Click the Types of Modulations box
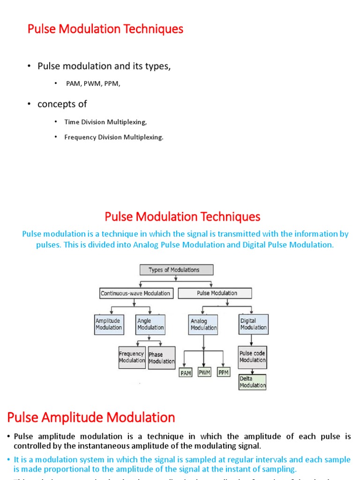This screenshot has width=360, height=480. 176,270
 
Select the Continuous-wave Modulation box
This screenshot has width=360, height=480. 136,293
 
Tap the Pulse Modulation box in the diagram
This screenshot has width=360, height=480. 217,293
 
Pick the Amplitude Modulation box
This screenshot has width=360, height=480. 108,324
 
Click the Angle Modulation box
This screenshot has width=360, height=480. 150,324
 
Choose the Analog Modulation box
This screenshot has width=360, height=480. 203,325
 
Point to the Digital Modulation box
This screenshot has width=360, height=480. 253,324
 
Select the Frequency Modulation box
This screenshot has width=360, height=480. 132,357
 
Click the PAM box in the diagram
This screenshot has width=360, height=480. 186,373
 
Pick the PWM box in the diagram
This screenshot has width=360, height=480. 205,373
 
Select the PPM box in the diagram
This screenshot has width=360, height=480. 224,373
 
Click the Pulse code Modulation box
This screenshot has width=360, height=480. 253,357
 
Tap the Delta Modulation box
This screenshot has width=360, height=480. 252,382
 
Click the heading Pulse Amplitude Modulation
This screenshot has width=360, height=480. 91,417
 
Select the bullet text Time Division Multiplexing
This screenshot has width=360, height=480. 105,122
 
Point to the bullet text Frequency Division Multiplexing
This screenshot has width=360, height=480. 114,137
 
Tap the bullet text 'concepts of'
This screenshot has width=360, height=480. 62,104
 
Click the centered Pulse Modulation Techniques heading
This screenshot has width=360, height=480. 182,217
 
